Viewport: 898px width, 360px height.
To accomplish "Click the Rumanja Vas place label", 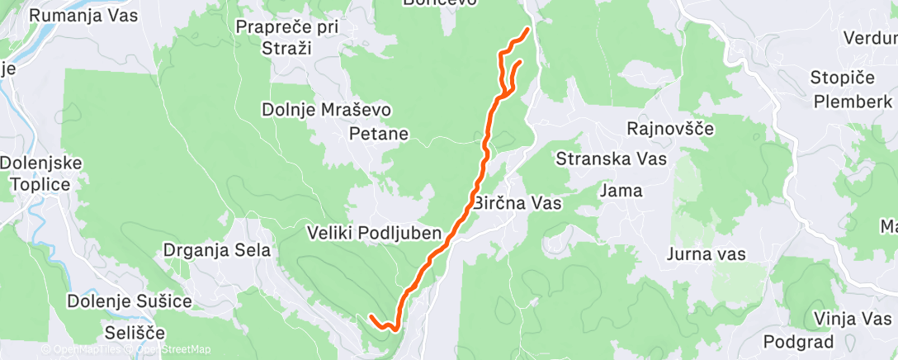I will tap(83, 15).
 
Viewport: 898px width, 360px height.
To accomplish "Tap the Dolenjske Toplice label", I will tap(41, 173).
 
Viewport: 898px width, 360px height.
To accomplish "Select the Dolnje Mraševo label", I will tap(326, 110).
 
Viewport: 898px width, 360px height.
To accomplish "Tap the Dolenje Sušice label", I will tap(130, 301).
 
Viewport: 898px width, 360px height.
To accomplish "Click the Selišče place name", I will tap(135, 334).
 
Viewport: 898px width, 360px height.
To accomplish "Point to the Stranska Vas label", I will tap(612, 158).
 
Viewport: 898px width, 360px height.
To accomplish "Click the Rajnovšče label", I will tap(670, 129).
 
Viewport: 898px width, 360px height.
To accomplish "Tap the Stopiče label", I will tap(844, 79).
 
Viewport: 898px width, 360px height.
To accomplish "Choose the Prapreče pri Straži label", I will tap(286, 37).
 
